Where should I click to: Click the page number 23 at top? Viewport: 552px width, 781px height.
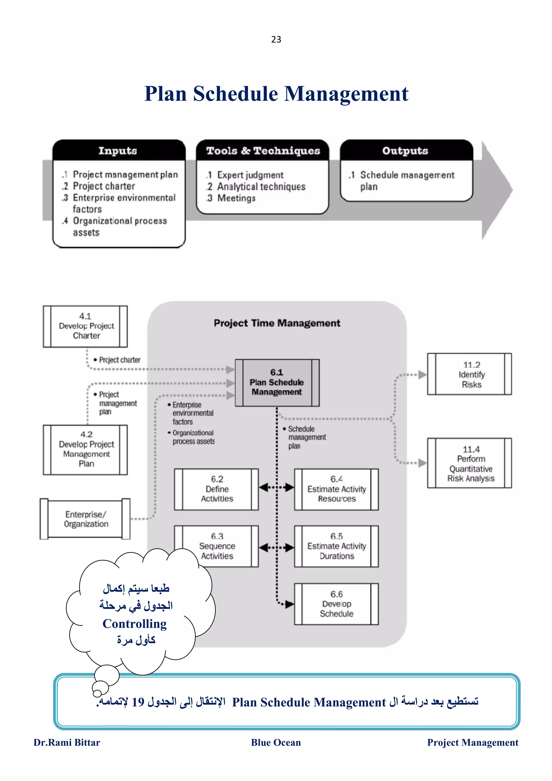276,39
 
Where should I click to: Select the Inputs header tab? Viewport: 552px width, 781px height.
118,150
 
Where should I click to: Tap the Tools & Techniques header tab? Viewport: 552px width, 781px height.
263,150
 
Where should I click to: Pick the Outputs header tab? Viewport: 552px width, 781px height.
405,150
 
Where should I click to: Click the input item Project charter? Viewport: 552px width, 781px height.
104,186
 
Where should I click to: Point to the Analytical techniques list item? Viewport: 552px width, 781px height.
261,186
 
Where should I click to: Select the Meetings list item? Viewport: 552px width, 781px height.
236,198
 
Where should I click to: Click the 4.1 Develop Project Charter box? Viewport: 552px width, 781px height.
85,326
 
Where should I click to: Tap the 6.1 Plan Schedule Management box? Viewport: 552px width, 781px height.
277,382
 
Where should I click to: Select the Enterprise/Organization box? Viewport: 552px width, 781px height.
85,519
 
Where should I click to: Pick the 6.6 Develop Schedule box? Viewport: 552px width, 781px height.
336,604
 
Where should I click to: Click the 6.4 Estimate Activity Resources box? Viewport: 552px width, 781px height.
336,489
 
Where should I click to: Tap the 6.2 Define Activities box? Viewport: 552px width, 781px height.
217,489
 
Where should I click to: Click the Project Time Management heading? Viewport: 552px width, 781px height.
277,323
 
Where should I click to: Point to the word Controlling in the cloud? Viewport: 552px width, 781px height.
135,624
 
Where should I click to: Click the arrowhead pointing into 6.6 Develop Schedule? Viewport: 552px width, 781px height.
289,604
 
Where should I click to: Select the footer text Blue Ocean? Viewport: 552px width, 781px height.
276,742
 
